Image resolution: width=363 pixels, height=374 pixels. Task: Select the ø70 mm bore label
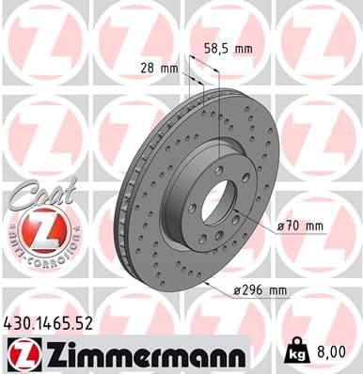point(301,226)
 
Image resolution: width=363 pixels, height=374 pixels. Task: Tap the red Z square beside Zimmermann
point(21,354)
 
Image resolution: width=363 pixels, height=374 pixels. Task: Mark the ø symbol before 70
point(283,226)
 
